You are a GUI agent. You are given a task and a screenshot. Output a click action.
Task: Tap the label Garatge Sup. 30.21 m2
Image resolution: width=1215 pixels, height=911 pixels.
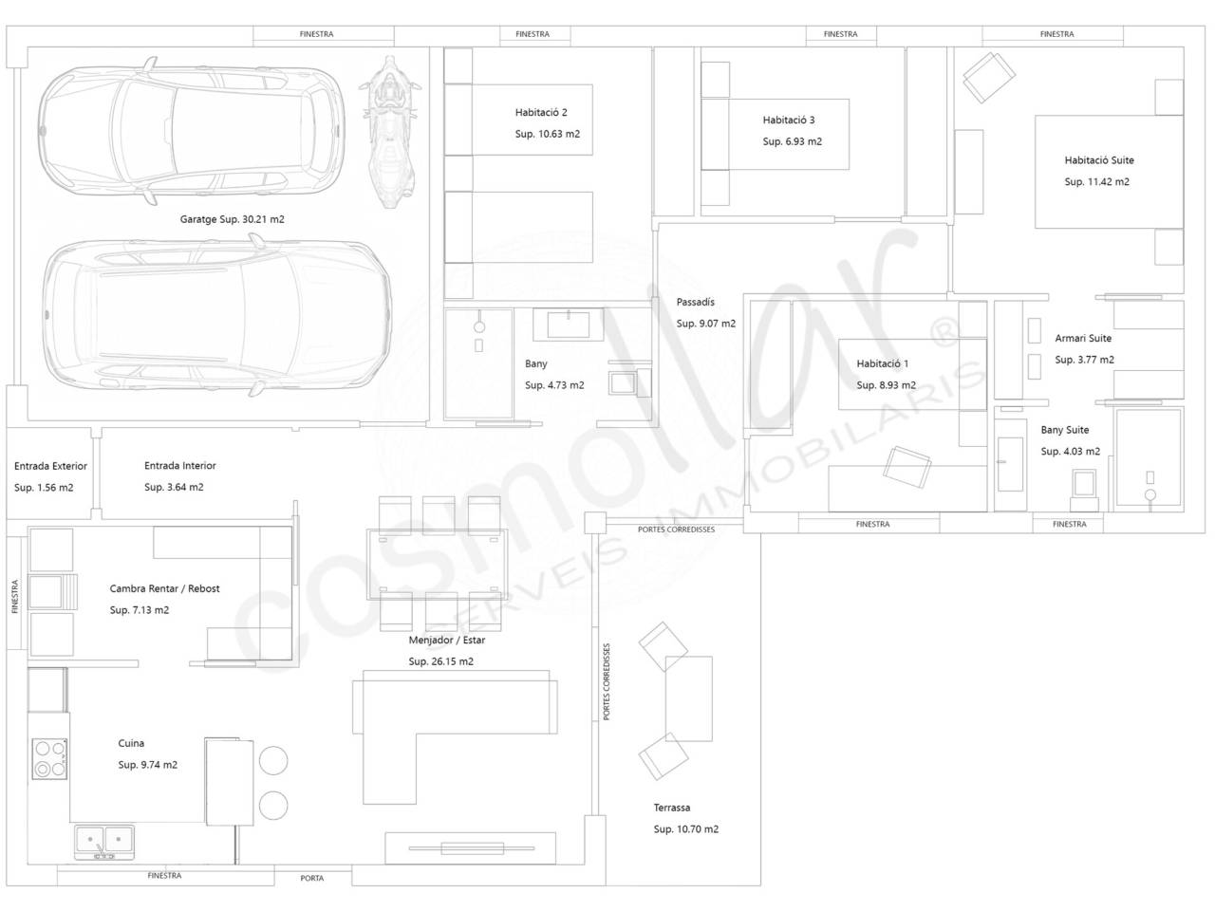pos(232,219)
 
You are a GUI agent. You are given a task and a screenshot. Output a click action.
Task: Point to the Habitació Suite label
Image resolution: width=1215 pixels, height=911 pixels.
pos(1099,160)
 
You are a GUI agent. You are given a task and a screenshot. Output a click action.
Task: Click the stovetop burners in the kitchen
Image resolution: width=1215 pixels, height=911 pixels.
pos(49,759)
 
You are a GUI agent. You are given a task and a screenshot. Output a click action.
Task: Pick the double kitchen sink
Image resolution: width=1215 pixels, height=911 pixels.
pos(104,843)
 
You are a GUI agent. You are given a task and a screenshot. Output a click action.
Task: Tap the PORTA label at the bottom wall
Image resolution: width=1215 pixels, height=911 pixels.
pos(311,878)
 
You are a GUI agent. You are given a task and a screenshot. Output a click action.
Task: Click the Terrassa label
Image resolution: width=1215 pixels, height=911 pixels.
pos(671,808)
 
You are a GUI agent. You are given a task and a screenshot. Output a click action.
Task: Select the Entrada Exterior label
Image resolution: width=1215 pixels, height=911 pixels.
pos(50,466)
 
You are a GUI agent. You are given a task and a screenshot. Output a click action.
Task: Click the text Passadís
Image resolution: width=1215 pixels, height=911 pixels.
pos(695,302)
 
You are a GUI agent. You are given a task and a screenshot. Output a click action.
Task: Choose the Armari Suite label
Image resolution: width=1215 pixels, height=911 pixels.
pos(1083,338)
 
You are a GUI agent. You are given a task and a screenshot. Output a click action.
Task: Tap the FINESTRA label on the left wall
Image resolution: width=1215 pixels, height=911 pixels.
pos(14,596)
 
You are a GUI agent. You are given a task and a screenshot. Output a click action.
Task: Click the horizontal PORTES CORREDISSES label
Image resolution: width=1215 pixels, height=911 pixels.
pos(676,530)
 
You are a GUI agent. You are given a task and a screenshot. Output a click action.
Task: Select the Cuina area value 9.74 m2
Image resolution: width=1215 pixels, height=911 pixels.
pos(159,765)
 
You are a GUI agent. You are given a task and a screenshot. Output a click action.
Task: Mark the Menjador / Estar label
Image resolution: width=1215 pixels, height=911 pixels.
pos(446,640)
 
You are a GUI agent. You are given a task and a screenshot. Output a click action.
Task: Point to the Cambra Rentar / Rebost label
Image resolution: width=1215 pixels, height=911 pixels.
pos(164,588)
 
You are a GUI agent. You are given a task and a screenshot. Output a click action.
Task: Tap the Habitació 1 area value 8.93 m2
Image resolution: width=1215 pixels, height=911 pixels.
pos(898,385)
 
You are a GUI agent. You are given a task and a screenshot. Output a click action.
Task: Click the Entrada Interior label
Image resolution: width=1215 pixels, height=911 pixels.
pos(180,466)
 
